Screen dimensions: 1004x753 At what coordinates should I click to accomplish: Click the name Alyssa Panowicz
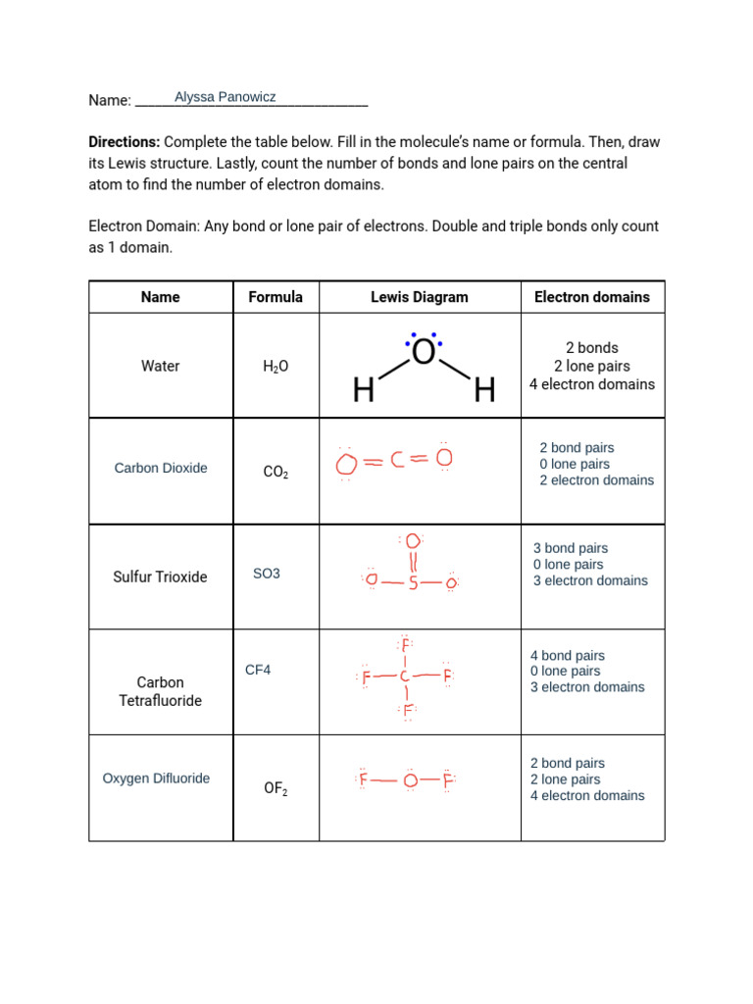[x=225, y=97]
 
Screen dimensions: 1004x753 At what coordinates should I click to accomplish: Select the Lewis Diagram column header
[x=419, y=297]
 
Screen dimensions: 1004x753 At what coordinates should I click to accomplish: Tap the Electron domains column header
[x=591, y=297]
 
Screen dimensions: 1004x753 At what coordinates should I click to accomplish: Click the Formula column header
[x=276, y=297]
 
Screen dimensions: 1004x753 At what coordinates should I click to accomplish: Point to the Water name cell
[x=161, y=366]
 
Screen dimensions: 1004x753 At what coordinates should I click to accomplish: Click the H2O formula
[x=276, y=367]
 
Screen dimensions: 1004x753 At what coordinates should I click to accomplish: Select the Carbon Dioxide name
[x=161, y=469]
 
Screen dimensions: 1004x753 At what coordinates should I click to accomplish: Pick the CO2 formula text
[x=276, y=473]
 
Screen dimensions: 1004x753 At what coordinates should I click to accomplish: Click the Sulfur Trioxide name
[x=161, y=577]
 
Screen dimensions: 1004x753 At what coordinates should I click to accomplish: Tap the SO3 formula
[x=267, y=574]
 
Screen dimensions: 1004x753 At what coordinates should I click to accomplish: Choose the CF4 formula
[x=258, y=671]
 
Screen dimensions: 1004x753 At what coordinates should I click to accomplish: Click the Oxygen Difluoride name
[x=157, y=778]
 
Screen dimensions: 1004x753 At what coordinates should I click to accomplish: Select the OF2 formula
[x=276, y=788]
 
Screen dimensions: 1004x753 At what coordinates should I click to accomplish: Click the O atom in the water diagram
[x=424, y=353]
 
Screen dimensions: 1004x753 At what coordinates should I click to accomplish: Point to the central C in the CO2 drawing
[x=398, y=460]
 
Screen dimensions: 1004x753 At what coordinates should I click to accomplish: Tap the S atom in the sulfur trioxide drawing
[x=413, y=584]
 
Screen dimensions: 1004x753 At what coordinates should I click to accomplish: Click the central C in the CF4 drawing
[x=405, y=677]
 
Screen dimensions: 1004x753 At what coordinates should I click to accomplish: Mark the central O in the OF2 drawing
[x=410, y=781]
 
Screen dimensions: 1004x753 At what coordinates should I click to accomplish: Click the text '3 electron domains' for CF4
[x=587, y=687]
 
